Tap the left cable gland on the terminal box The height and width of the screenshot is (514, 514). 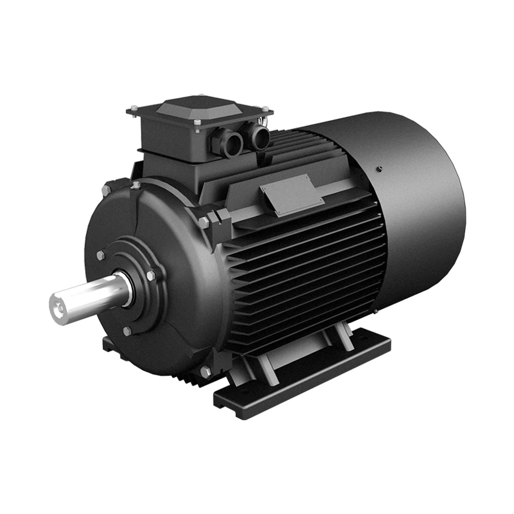pos(229,143)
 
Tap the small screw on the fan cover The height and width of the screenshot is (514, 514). pos(380,168)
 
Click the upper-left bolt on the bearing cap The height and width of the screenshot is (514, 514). pos(100,255)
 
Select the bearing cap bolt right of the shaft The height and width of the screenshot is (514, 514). pos(151,276)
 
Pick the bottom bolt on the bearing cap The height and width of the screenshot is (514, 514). pos(127,332)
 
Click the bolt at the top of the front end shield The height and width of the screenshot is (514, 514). pos(136,185)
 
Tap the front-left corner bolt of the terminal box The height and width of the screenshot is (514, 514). pos(133,108)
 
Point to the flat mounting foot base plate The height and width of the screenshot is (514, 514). pos(302,379)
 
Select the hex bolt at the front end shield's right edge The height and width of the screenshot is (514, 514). pos(204,222)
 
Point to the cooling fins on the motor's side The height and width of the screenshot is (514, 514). pos(302,270)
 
